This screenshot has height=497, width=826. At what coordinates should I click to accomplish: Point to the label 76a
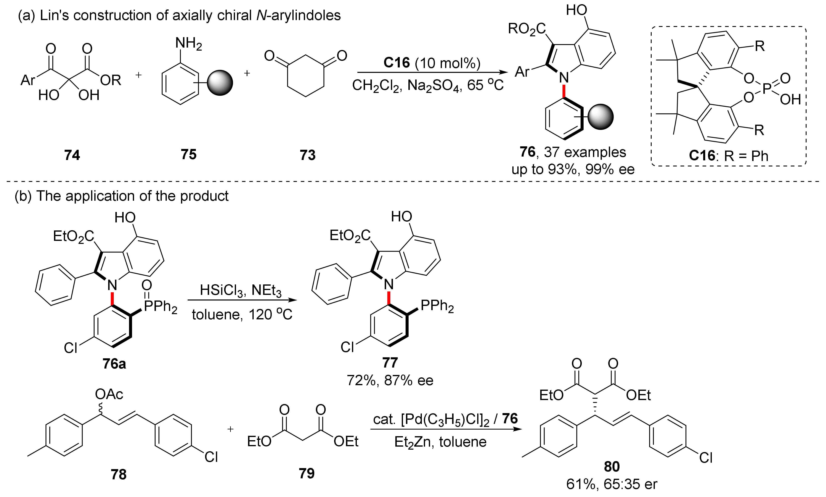tap(114, 363)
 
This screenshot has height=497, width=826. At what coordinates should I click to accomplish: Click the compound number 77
tap(390, 362)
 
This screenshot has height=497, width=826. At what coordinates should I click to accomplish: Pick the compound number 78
tap(119, 474)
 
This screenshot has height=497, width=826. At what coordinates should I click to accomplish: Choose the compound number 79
tap(307, 473)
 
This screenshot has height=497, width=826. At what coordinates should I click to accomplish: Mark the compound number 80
tap(612, 466)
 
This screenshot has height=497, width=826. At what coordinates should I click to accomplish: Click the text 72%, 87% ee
tap(390, 380)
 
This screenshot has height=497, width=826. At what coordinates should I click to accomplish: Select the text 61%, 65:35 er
tap(612, 484)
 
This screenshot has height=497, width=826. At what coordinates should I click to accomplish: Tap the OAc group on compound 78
tap(109, 394)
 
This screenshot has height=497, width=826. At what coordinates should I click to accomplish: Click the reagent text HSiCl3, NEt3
tap(240, 290)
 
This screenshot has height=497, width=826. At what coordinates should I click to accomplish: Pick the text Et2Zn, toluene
tap(440, 442)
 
